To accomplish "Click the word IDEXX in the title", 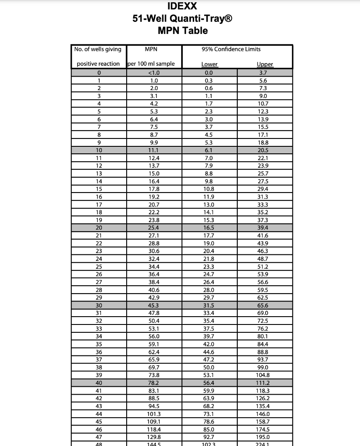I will click(x=182, y=6).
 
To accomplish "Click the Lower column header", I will click(x=209, y=64).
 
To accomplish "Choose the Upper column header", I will click(x=265, y=64).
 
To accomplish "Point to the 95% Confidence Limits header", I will click(x=231, y=49).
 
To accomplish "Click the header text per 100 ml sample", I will click(x=151, y=64).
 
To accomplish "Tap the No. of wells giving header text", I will click(x=98, y=49).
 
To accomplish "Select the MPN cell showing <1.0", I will click(x=154, y=73).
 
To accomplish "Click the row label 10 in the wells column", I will click(x=99, y=150).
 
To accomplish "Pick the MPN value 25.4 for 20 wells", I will click(x=154, y=228).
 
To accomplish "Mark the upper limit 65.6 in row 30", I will click(x=263, y=305).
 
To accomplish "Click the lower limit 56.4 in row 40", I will click(x=209, y=383).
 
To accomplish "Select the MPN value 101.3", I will click(x=154, y=414).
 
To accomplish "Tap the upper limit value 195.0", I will click(x=263, y=437).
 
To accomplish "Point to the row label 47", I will click(x=99, y=437).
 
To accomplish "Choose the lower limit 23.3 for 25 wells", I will click(x=209, y=267).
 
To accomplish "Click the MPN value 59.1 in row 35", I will click(x=154, y=344).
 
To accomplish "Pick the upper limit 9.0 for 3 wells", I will click(x=263, y=96).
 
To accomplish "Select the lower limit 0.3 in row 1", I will click(x=209, y=81).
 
